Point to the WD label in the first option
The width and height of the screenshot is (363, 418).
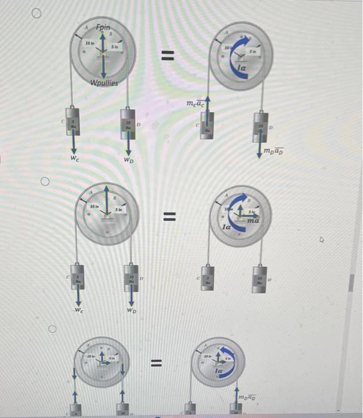[128, 160]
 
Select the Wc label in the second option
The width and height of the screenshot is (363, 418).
[78, 311]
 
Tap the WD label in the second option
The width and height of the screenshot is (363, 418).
[132, 311]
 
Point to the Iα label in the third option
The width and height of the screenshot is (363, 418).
[219, 371]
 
